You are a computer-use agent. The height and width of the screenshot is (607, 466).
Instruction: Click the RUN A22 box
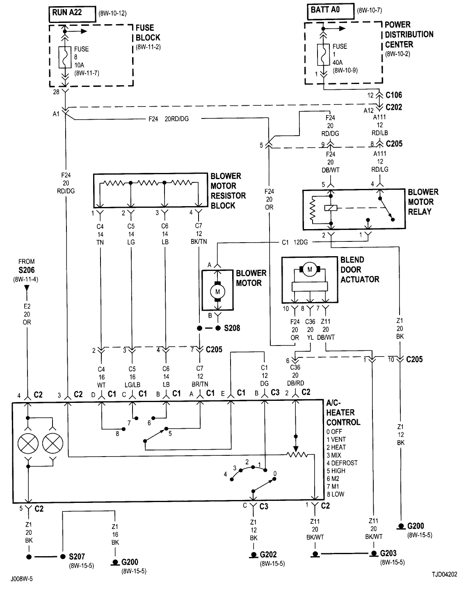[x=72, y=14]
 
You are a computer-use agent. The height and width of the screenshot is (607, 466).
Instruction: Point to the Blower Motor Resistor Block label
[x=228, y=191]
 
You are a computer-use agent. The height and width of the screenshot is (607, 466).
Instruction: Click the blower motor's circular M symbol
[x=218, y=291]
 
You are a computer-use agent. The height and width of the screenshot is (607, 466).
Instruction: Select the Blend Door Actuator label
[x=360, y=270]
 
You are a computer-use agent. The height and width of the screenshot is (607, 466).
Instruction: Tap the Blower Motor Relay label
[x=423, y=202]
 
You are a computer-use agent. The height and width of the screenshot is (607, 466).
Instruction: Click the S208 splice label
[x=232, y=328]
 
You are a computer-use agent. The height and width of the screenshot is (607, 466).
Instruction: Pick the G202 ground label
[x=268, y=555]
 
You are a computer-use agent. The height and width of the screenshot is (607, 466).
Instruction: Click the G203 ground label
[x=388, y=553]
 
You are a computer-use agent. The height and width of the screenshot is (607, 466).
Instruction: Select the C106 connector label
[x=394, y=95]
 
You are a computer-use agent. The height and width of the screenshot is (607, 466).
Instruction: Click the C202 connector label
[x=394, y=107]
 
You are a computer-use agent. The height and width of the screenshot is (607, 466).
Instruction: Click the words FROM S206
[x=27, y=266]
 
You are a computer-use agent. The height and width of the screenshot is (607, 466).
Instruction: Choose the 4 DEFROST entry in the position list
[x=342, y=463]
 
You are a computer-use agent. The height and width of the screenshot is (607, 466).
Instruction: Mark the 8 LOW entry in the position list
[x=335, y=494]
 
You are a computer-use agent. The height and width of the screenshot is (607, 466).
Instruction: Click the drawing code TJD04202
[x=444, y=575]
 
